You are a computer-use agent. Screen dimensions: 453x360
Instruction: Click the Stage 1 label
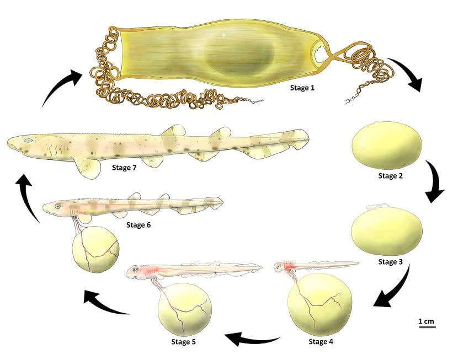click(x=302, y=88)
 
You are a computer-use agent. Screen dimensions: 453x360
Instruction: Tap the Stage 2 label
click(x=390, y=175)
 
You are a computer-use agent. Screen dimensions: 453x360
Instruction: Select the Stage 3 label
click(x=390, y=262)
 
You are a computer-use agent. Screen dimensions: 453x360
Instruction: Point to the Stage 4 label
click(x=321, y=341)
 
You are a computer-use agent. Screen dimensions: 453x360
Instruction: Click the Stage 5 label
click(x=183, y=342)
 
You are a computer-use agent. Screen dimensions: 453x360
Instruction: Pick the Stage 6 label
click(x=138, y=224)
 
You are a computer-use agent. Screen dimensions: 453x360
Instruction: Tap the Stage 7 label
click(x=124, y=168)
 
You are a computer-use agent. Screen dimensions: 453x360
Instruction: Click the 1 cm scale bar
click(x=427, y=327)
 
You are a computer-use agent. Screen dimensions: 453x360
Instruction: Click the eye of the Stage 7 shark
click(x=28, y=141)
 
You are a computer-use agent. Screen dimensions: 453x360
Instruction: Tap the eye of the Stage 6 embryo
click(x=58, y=206)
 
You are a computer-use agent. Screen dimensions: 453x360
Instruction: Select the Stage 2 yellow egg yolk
click(x=387, y=145)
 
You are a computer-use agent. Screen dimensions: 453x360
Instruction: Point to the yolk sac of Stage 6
click(x=95, y=249)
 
